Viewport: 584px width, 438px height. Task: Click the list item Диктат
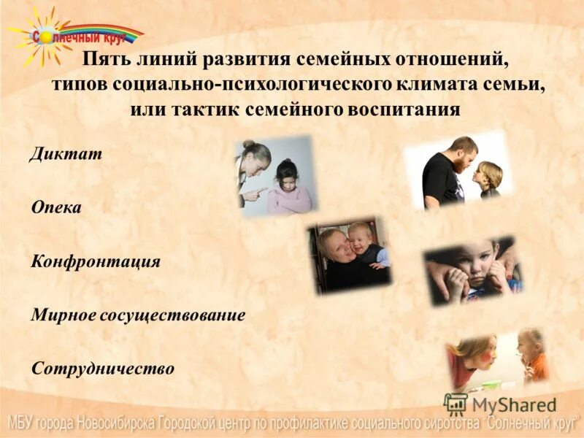66,155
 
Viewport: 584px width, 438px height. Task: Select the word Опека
56,208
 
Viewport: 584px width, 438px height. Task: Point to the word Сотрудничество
103,368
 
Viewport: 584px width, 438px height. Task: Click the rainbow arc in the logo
102,30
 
